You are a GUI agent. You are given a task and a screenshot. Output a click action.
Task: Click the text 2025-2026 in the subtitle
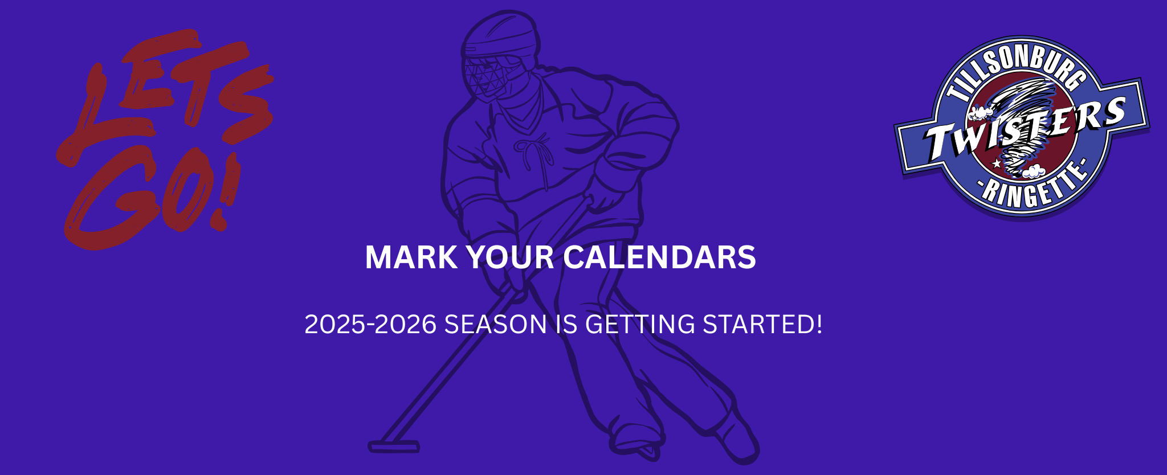tap(370, 325)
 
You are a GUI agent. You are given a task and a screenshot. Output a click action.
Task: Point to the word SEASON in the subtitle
tap(496, 325)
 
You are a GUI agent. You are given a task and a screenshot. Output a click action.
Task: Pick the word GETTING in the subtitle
tap(640, 325)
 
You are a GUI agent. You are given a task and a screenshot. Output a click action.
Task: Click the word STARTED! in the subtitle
tap(762, 324)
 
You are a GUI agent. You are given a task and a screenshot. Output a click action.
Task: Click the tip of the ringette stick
tap(393, 447)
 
